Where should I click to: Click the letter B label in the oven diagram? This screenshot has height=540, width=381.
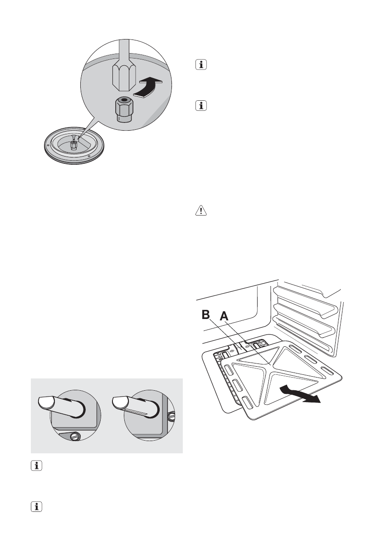click(206, 314)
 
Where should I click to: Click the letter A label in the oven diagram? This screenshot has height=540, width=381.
click(224, 316)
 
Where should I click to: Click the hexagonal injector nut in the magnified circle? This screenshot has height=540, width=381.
click(123, 109)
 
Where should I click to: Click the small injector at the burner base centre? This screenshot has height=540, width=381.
click(73, 145)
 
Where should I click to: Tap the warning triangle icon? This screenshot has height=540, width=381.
click(201, 210)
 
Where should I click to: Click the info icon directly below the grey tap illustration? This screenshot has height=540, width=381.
click(36, 466)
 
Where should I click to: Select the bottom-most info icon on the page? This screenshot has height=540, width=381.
click(36, 506)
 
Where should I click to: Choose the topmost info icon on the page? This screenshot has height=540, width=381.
click(201, 64)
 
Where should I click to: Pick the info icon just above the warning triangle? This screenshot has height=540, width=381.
click(201, 105)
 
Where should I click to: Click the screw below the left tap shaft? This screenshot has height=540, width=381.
click(75, 437)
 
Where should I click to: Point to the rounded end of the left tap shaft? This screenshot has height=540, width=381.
click(44, 402)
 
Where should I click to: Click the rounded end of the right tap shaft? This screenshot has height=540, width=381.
click(120, 402)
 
